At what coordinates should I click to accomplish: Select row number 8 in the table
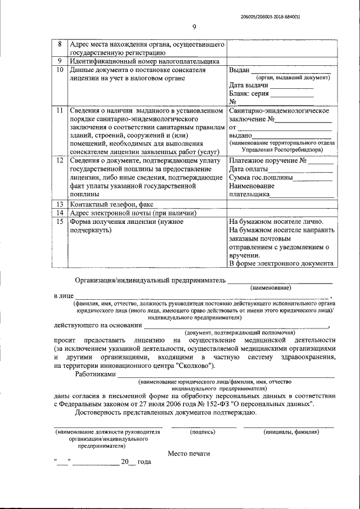[x=60, y=44]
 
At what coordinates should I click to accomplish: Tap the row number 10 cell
[x=60, y=70]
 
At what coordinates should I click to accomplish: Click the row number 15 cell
[x=60, y=222]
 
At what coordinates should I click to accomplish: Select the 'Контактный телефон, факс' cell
[x=111, y=204]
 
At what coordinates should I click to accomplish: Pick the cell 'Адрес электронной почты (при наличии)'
[x=132, y=213]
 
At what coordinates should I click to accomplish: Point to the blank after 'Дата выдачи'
[x=291, y=86]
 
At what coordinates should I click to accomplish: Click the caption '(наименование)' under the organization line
[x=271, y=287]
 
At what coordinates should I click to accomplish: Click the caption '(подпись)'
[x=203, y=432]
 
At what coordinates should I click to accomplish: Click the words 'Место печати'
[x=188, y=453]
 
